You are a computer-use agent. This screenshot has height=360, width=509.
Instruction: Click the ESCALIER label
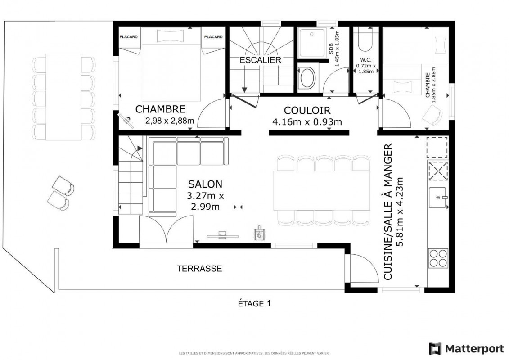point(260,60)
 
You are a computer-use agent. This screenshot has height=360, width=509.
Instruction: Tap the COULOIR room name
point(307,110)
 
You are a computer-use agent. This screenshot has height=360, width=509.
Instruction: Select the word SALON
point(205,184)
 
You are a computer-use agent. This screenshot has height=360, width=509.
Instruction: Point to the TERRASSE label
point(199,269)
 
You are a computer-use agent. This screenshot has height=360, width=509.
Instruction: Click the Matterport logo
point(466,349)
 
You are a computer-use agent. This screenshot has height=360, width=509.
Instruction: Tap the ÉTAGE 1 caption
point(254,303)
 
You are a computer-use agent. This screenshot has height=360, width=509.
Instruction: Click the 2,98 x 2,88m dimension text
point(170,121)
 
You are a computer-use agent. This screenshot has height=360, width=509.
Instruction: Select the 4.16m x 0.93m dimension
point(307,122)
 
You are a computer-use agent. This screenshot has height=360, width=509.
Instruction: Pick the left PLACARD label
point(129,37)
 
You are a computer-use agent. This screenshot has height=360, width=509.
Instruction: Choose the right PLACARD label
point(213,37)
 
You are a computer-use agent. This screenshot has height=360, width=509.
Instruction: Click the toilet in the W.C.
point(366,39)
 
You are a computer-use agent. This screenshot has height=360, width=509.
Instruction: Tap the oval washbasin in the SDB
point(307,78)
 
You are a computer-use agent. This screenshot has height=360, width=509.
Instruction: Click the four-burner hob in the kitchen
point(438,258)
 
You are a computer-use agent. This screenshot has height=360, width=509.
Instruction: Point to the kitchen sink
point(438,198)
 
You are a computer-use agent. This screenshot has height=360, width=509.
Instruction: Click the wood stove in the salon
point(259,233)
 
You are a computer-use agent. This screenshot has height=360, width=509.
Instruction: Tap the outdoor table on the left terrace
point(63,97)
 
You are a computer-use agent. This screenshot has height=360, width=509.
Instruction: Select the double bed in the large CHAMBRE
point(171,64)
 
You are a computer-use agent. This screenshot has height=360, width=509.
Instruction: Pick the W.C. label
point(366,60)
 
